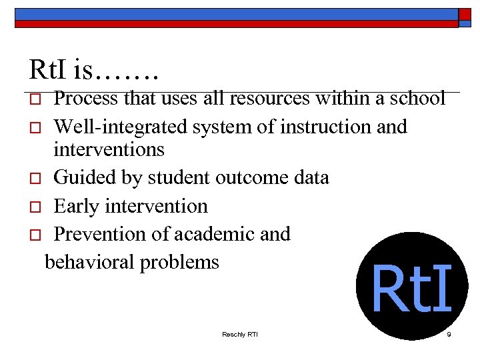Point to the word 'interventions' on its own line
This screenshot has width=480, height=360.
pos(109,149)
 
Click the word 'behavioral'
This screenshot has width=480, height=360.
pos(89,262)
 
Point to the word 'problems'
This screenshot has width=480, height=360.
pos(179,262)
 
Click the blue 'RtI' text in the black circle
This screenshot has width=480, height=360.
pos(411,288)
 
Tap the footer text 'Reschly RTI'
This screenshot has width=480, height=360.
pos(239,333)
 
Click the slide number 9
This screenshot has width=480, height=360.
pos(449,333)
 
